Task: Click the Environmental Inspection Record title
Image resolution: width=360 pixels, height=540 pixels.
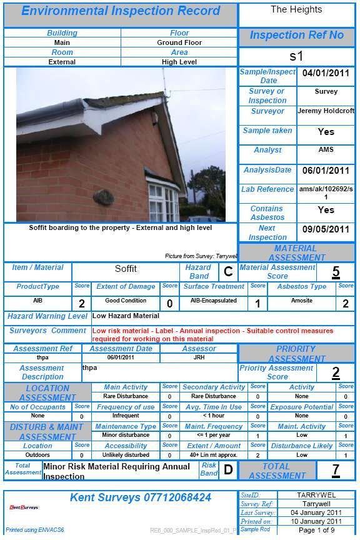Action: click(121, 11)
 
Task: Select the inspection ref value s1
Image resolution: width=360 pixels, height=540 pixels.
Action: click(296, 56)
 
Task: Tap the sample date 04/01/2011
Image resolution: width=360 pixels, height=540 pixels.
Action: click(326, 74)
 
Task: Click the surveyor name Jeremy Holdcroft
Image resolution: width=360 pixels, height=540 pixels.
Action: click(326, 111)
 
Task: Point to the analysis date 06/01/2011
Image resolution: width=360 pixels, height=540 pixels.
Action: click(326, 170)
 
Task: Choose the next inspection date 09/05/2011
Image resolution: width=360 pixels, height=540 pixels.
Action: click(326, 229)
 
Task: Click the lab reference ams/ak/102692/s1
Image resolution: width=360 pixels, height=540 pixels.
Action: click(326, 192)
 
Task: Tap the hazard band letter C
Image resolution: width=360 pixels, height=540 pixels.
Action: click(227, 271)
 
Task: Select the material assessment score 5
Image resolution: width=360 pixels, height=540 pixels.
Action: click(336, 272)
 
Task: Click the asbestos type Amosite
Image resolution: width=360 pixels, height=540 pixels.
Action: click(302, 301)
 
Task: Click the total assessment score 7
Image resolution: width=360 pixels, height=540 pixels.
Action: click(336, 470)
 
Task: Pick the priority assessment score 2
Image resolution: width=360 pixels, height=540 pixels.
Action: click(336, 372)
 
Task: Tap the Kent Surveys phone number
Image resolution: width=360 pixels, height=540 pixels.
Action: click(140, 497)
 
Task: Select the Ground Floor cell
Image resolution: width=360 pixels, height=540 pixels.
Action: click(179, 42)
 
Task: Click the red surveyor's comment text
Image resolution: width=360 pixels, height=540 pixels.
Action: click(212, 334)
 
